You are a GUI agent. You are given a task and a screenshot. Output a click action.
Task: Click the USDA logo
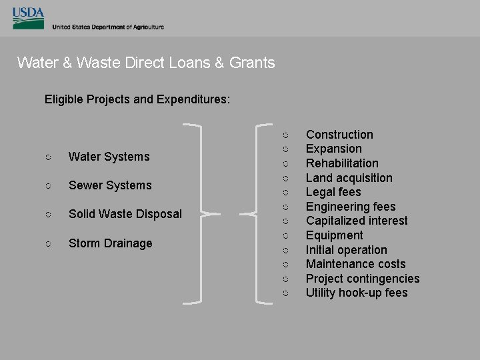click(28, 19)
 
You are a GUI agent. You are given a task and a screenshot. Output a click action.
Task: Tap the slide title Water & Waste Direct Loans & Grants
click(146, 63)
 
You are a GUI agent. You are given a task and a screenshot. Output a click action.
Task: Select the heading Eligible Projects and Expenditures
click(137, 99)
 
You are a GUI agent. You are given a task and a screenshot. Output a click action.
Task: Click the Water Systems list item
click(109, 157)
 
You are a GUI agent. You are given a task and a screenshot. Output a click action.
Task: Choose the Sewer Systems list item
click(110, 185)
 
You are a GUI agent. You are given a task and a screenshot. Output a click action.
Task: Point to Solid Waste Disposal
click(125, 214)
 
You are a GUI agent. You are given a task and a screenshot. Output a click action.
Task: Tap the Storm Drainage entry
click(111, 243)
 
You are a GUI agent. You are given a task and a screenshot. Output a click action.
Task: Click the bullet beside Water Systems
click(48, 157)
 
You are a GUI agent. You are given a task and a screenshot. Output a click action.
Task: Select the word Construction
click(339, 135)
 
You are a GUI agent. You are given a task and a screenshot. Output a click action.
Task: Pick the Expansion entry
click(333, 149)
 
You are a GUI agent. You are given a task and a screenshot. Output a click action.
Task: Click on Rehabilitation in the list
click(342, 163)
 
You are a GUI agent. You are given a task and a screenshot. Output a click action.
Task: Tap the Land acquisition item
click(349, 178)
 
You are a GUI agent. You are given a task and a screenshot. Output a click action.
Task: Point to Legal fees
click(333, 192)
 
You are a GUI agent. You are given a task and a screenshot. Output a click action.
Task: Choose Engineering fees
click(351, 207)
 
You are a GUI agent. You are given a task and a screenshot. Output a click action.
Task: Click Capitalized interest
click(357, 221)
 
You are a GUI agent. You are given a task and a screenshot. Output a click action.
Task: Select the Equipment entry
click(334, 235)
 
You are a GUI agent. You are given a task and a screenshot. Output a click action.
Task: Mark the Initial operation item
click(346, 250)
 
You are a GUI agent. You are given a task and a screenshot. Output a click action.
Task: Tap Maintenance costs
click(355, 264)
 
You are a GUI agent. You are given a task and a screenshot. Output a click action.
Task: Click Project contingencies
click(363, 279)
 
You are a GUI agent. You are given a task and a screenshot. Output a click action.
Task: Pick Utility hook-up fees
click(357, 293)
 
